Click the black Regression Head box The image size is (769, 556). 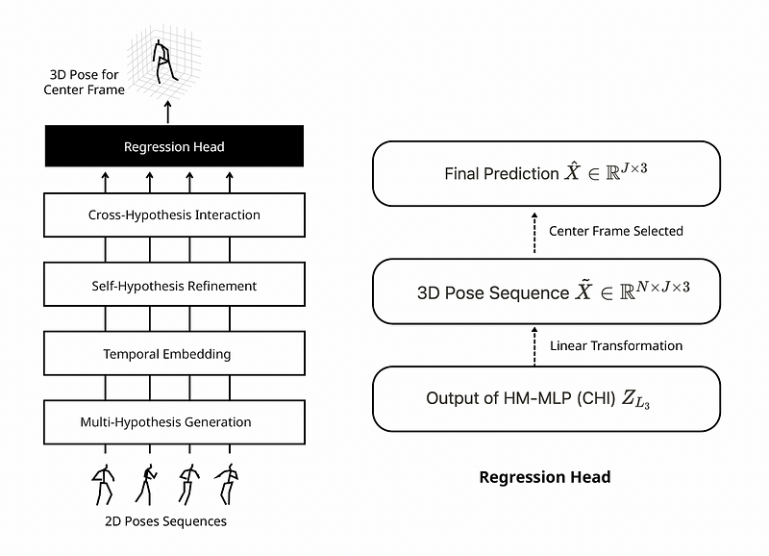click(174, 146)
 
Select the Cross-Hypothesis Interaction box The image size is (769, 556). click(174, 215)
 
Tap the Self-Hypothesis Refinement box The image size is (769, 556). click(174, 284)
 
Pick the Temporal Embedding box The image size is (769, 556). click(174, 353)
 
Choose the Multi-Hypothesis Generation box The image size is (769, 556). click(174, 422)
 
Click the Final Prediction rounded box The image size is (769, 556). click(546, 174)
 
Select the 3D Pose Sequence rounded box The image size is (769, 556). click(546, 291)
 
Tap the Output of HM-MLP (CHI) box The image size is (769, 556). click(546, 399)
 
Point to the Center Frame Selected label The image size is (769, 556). click(615, 231)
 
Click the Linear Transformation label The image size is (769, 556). click(616, 346)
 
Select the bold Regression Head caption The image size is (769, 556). click(545, 477)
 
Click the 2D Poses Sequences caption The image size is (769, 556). click(165, 521)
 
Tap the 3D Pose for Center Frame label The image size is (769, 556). click(84, 82)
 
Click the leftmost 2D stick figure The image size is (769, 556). click(103, 485)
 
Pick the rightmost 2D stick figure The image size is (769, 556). click(227, 485)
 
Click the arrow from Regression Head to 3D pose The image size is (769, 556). click(168, 113)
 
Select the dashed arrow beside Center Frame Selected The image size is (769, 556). click(534, 233)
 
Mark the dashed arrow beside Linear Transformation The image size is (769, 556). click(534, 346)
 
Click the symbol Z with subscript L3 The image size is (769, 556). click(635, 399)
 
